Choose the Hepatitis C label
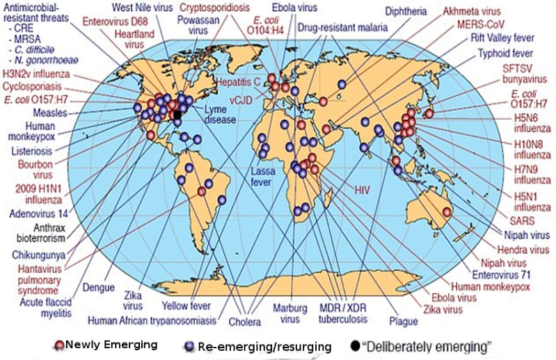(x=237, y=82)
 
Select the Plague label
(x=404, y=322)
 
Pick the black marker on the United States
(x=177, y=114)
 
